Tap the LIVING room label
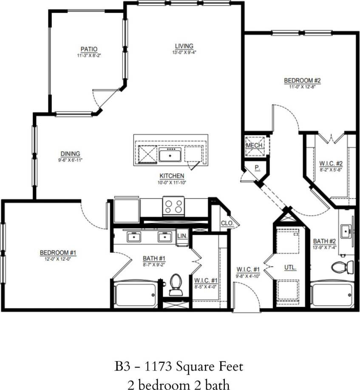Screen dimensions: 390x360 click(184, 46)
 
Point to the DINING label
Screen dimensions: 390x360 click(70, 154)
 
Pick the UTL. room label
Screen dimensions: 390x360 click(290, 268)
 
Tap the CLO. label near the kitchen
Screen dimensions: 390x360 click(225, 223)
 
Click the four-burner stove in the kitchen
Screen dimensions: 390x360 click(173, 206)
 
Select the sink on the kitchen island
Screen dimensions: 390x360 click(171, 156)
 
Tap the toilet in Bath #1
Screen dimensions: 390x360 click(175, 285)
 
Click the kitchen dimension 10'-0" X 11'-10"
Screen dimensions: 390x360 click(172, 182)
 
